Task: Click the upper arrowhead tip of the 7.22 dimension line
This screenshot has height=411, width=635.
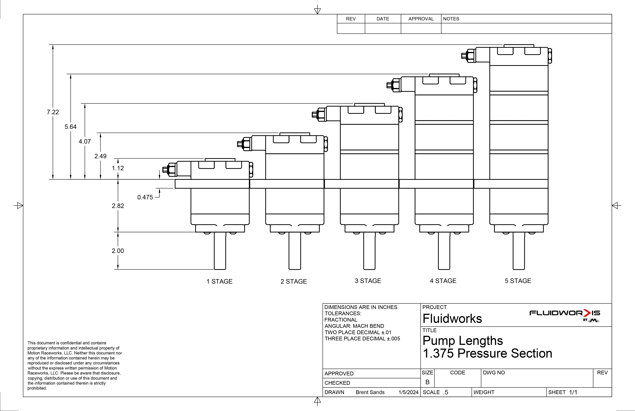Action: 53,45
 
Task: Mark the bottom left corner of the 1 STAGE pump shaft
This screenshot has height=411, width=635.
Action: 214,269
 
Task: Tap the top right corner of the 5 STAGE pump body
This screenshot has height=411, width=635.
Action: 548,47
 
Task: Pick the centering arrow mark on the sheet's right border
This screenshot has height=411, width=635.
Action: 616,205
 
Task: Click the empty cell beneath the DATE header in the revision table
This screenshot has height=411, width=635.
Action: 383,28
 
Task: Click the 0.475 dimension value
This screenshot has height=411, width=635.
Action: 145,197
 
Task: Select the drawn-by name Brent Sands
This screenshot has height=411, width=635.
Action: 370,392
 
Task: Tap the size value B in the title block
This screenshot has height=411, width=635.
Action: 427,382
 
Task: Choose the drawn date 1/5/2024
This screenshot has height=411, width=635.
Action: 409,392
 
